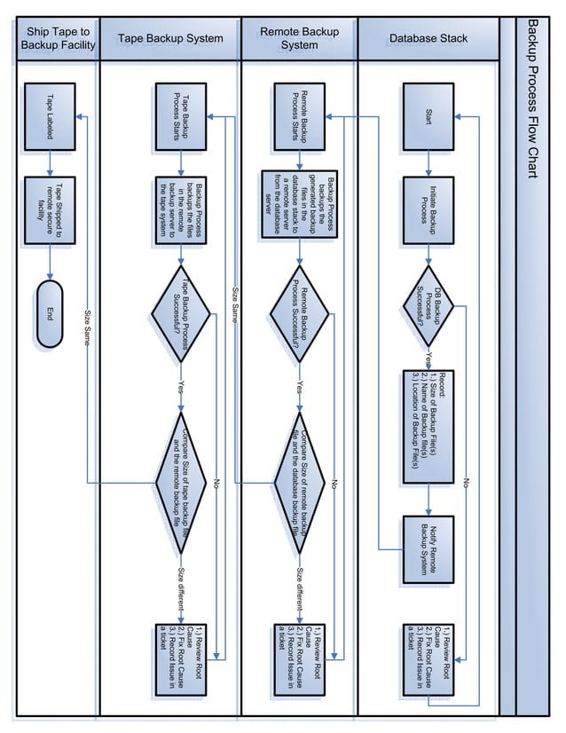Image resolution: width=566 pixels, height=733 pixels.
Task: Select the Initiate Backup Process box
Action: click(x=429, y=208)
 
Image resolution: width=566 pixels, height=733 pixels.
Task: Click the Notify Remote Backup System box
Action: click(x=429, y=549)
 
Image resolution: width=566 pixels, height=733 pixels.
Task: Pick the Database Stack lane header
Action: click(x=428, y=39)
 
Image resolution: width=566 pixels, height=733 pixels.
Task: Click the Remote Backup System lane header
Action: click(x=299, y=39)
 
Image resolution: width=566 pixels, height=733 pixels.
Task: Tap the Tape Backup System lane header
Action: click(x=170, y=39)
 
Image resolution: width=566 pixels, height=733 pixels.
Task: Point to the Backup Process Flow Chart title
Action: click(x=532, y=98)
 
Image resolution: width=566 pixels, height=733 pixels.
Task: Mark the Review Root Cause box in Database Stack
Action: click(x=429, y=658)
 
